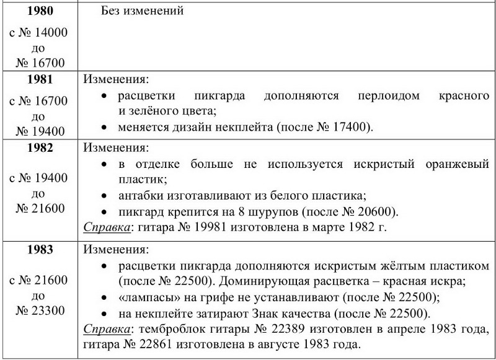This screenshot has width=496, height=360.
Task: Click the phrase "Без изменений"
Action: click(142, 11)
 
